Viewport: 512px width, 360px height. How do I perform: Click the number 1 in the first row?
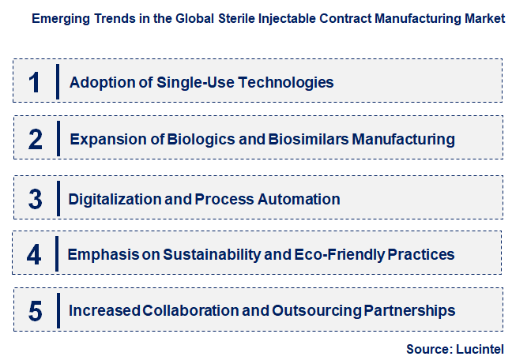click(34, 82)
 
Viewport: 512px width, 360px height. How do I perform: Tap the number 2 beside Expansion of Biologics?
click(35, 140)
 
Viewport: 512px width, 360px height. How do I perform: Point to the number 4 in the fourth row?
click(34, 255)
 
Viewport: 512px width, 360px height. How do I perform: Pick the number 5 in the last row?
click(35, 311)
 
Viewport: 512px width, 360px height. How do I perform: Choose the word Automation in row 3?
click(301, 199)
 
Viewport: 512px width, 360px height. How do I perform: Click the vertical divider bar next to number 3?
click(58, 198)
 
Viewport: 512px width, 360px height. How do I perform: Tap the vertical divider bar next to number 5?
click(58, 310)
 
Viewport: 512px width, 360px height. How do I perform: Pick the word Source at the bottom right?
click(427, 348)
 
